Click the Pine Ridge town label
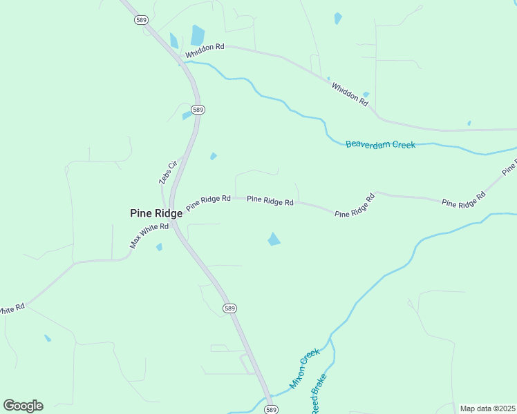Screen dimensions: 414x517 (156, 214)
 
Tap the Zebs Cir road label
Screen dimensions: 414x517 (169, 172)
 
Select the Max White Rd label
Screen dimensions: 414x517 (149, 236)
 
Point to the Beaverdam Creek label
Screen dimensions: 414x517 (380, 145)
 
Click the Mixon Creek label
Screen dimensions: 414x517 (305, 368)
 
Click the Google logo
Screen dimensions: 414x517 (23, 405)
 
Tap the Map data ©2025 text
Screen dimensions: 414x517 (487, 408)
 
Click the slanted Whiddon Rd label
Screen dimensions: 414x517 (350, 93)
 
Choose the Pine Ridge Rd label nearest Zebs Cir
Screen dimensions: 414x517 (208, 201)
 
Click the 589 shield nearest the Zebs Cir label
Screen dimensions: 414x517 (198, 110)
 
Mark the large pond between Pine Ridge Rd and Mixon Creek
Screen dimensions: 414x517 (274, 239)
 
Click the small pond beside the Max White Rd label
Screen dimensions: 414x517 (159, 246)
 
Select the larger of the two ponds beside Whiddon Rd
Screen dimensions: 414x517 (198, 34)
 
